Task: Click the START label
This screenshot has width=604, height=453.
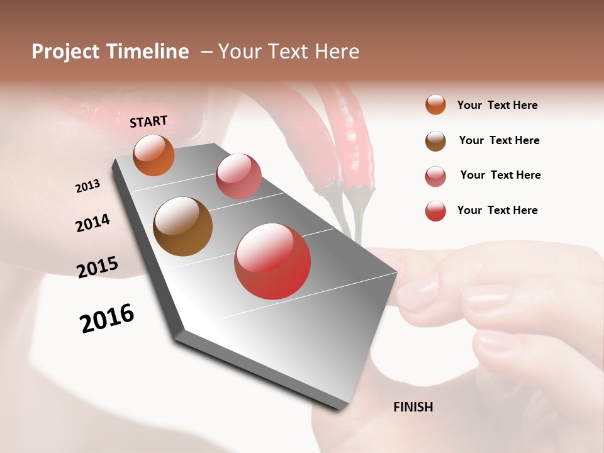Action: (148, 121)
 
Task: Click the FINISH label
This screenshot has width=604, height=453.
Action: (413, 407)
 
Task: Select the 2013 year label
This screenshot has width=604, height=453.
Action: (87, 186)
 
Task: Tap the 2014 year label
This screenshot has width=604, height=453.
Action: (92, 223)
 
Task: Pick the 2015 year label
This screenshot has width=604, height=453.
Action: (97, 267)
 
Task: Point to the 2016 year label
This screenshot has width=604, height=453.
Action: (107, 318)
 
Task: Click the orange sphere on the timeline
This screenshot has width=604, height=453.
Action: (154, 155)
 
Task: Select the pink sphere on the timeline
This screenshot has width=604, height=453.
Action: (238, 176)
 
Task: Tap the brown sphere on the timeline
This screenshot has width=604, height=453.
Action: (183, 226)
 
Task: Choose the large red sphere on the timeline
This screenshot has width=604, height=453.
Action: (272, 261)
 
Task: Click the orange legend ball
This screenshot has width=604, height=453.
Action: (435, 104)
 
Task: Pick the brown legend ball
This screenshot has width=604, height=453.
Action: (435, 140)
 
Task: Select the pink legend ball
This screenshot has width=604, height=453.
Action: (435, 176)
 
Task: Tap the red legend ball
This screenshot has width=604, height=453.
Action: (435, 210)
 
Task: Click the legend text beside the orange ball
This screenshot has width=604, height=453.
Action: (497, 105)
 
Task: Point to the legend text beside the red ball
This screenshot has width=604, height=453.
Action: (497, 210)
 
